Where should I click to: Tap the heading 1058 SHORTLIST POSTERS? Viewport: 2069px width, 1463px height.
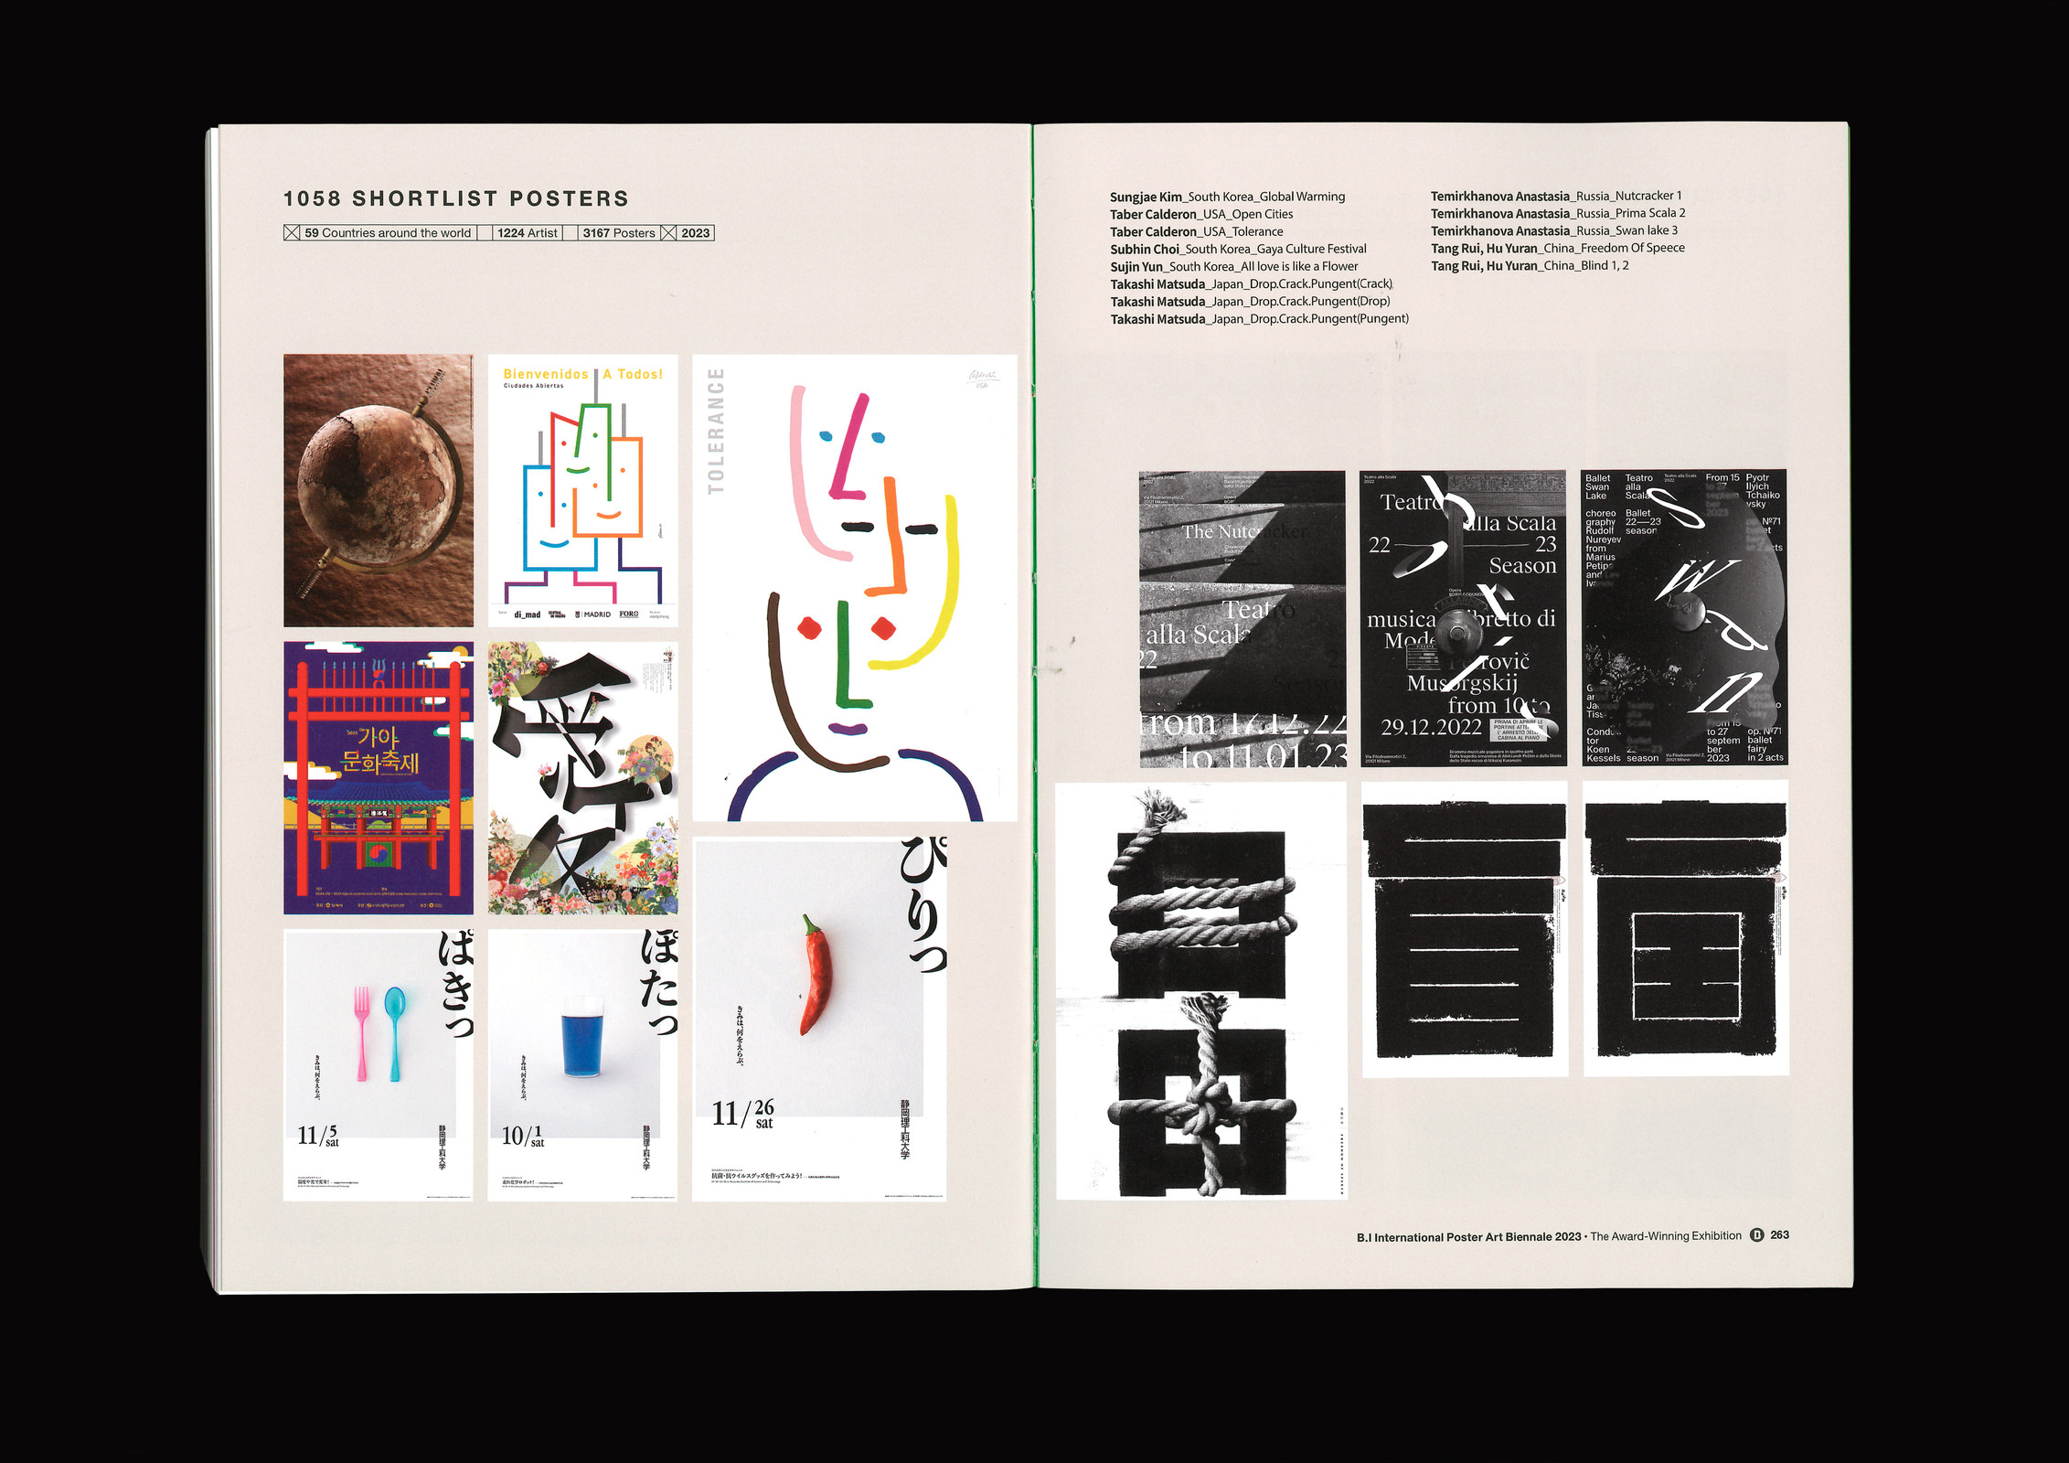(x=455, y=198)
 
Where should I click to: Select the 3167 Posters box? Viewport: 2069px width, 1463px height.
(x=618, y=233)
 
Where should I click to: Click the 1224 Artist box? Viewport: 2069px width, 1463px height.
(x=527, y=233)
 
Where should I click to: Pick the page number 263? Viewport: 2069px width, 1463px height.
(x=1779, y=1235)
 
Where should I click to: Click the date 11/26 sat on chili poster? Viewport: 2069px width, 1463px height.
(x=743, y=1114)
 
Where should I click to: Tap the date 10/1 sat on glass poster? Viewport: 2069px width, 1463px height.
(x=523, y=1137)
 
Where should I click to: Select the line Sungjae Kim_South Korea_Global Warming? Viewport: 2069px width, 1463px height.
(x=1227, y=197)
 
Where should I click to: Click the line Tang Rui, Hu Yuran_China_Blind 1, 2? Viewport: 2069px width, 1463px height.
(x=1529, y=266)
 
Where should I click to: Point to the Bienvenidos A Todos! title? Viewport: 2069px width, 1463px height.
(x=582, y=374)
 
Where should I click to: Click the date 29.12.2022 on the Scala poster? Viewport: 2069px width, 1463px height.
(x=1431, y=727)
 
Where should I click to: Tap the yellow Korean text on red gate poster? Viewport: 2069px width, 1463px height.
(x=379, y=750)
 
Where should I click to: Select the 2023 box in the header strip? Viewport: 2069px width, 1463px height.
(x=695, y=233)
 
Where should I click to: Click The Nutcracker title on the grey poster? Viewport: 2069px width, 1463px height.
(x=1243, y=532)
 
